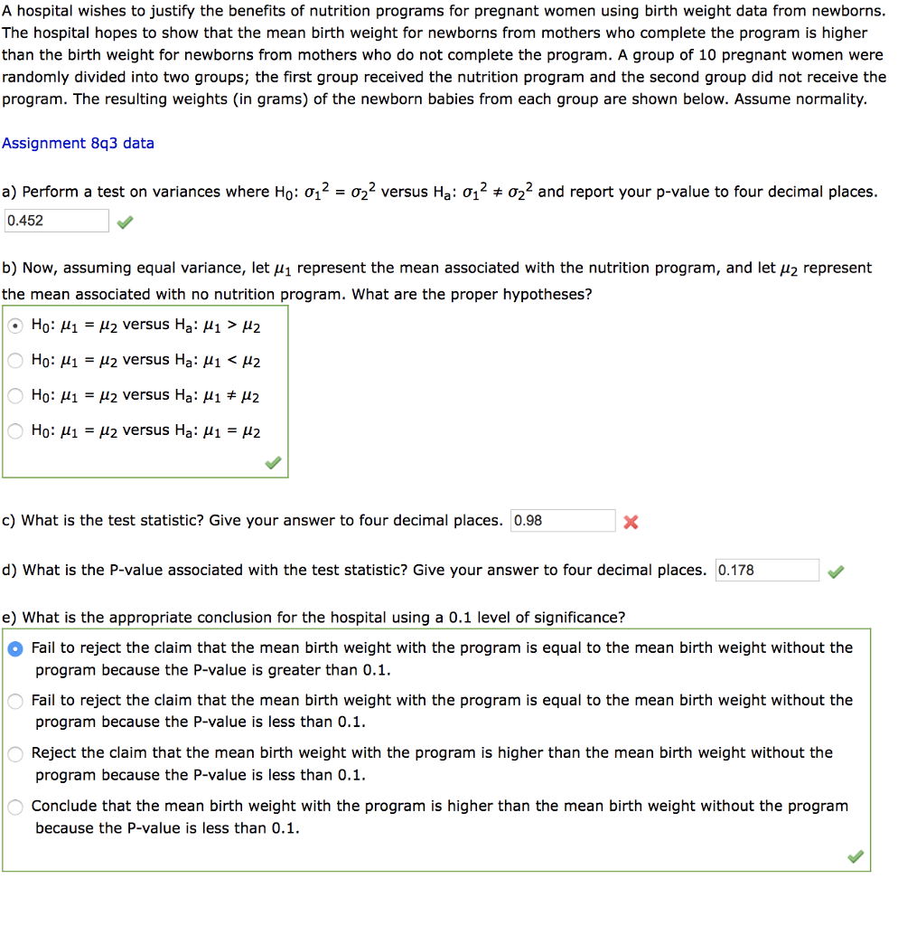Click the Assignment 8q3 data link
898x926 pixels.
coord(78,143)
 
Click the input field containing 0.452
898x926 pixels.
coord(56,221)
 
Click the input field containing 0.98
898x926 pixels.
coord(562,521)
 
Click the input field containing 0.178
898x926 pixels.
coord(766,571)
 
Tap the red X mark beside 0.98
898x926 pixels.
coord(631,522)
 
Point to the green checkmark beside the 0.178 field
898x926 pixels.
coord(837,571)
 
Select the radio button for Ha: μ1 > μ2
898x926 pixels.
coord(16,326)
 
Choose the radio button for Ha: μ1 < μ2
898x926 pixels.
coord(16,361)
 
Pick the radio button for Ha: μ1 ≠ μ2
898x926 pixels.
coord(16,396)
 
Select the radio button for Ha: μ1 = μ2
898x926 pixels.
coord(16,431)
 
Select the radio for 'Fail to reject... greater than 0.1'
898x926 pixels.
coord(16,648)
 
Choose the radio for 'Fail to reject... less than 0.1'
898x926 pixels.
coord(16,701)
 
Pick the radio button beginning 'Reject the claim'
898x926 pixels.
coord(16,753)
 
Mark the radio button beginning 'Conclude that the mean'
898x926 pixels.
coord(16,807)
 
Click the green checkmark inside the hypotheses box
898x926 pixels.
coord(273,464)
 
